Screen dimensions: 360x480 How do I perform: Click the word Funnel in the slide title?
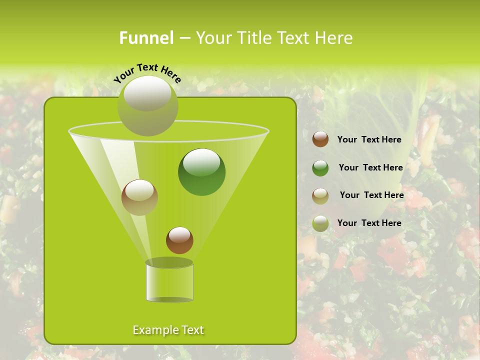pyautogui.click(x=146, y=38)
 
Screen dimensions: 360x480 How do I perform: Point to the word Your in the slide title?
pyautogui.click(x=212, y=38)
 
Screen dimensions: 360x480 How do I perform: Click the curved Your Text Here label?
pyautogui.click(x=147, y=72)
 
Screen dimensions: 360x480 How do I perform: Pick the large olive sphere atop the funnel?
pyautogui.click(x=147, y=106)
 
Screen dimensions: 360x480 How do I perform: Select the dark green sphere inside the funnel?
pyautogui.click(x=201, y=171)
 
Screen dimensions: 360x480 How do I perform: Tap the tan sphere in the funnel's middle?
pyautogui.click(x=139, y=197)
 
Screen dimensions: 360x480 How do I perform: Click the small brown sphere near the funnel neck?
pyautogui.click(x=179, y=240)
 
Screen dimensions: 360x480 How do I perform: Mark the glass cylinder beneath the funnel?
pyautogui.click(x=169, y=282)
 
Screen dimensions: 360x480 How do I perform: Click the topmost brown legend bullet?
pyautogui.click(x=320, y=139)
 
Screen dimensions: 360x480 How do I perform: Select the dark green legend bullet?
pyautogui.click(x=320, y=168)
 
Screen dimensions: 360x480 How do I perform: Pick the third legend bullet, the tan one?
pyautogui.click(x=320, y=196)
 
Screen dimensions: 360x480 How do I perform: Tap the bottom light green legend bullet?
pyautogui.click(x=320, y=223)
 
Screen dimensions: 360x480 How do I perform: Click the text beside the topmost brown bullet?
pyautogui.click(x=369, y=140)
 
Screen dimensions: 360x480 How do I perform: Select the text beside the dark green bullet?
pyautogui.click(x=370, y=167)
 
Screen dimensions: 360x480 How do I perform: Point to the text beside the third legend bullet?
pyautogui.click(x=371, y=195)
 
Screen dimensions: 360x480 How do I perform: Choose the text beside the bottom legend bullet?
pyautogui.click(x=369, y=223)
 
